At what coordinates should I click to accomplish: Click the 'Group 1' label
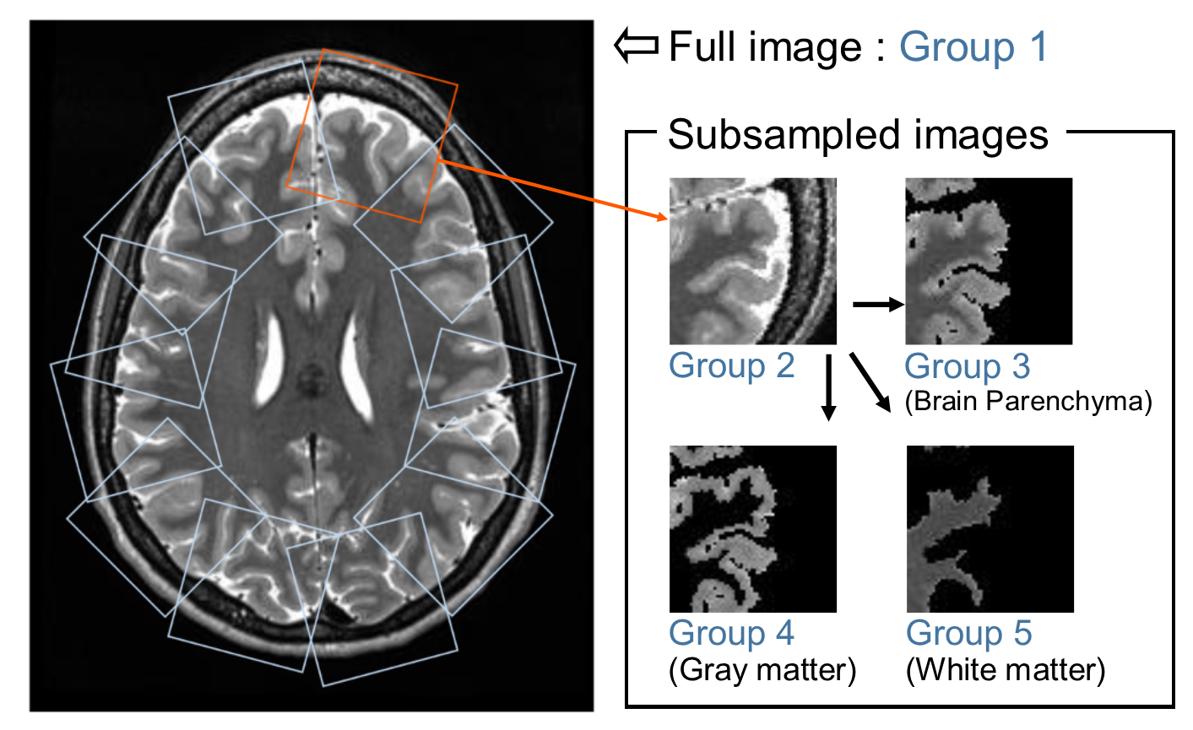973,46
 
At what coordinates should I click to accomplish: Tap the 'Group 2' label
731,366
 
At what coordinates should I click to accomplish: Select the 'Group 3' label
967,367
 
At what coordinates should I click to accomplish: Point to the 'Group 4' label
731,633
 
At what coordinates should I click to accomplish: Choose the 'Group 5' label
968,633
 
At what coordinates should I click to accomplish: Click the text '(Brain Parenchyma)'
1028,401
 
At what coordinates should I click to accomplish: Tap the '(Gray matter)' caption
762,670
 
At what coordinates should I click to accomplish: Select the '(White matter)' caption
1005,670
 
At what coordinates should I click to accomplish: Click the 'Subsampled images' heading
858,135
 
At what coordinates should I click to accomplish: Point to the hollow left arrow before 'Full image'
636,46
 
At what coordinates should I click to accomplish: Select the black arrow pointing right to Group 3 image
878,304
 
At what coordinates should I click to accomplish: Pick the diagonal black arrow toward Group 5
870,382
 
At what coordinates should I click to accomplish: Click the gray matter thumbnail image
752,528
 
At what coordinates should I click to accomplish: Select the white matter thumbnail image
990,528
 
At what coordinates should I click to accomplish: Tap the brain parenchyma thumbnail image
989,261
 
